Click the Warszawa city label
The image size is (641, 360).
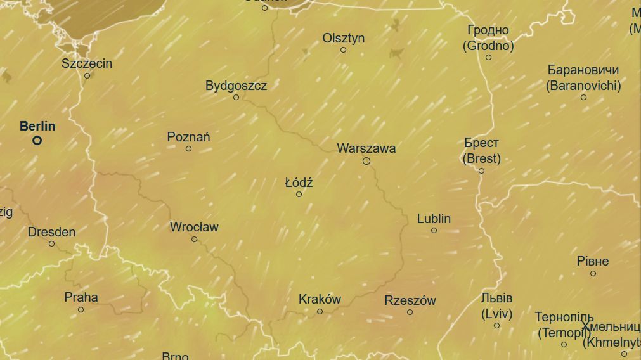tap(366, 148)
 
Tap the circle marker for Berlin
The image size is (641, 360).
tap(37, 141)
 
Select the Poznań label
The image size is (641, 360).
tap(188, 137)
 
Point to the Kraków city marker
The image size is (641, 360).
tap(320, 311)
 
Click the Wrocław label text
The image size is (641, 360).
tap(194, 227)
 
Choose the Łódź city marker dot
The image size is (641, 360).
tap(299, 194)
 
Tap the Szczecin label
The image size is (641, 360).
tap(87, 63)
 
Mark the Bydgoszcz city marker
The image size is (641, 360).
tap(236, 97)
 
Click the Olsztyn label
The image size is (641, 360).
tap(344, 38)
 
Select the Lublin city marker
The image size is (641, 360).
tap(434, 230)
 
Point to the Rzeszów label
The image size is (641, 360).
tap(410, 300)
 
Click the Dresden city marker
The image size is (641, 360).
tap(51, 243)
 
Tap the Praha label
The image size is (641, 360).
tap(81, 297)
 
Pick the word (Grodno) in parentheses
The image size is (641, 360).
tap(488, 46)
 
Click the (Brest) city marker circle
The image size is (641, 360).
tap(481, 170)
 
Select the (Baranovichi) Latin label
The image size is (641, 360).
tap(583, 86)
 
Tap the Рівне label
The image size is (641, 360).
tap(593, 261)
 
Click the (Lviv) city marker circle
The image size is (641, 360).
tap(496, 325)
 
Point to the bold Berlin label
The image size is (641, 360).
tap(37, 126)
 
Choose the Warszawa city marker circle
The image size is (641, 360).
tap(366, 161)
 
